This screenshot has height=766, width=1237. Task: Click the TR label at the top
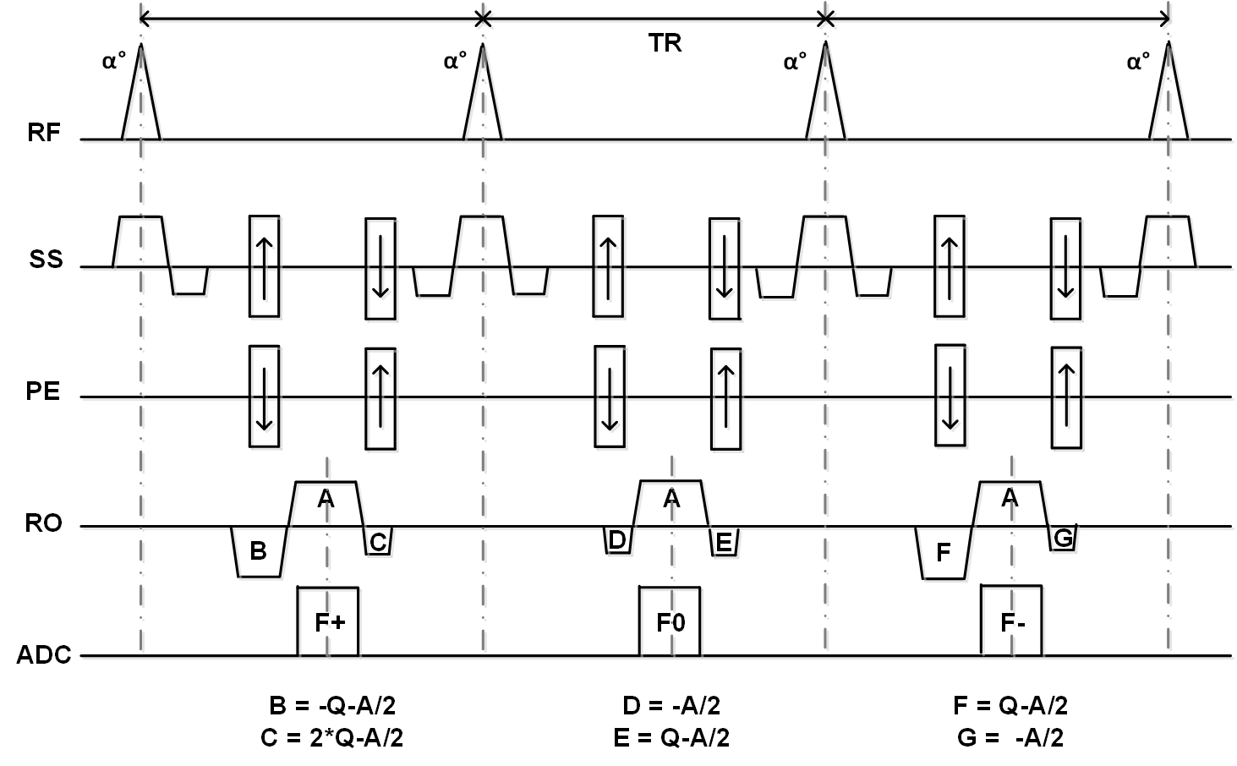tap(665, 43)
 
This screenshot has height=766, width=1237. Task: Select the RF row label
tap(45, 133)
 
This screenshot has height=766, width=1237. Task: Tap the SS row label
tap(46, 260)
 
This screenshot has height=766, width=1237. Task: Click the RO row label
tap(43, 524)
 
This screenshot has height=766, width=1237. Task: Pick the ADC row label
tap(43, 655)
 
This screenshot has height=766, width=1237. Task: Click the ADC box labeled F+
tap(328, 621)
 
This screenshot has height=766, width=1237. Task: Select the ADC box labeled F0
tap(670, 621)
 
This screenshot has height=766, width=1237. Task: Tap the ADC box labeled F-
tap(1011, 621)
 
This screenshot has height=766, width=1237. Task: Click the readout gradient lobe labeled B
tap(259, 551)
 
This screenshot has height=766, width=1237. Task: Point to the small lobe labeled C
tap(378, 541)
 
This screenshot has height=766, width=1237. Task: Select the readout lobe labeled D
tap(617, 539)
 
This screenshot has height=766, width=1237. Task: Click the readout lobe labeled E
tap(724, 541)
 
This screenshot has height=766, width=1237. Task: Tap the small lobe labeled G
tap(1063, 537)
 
